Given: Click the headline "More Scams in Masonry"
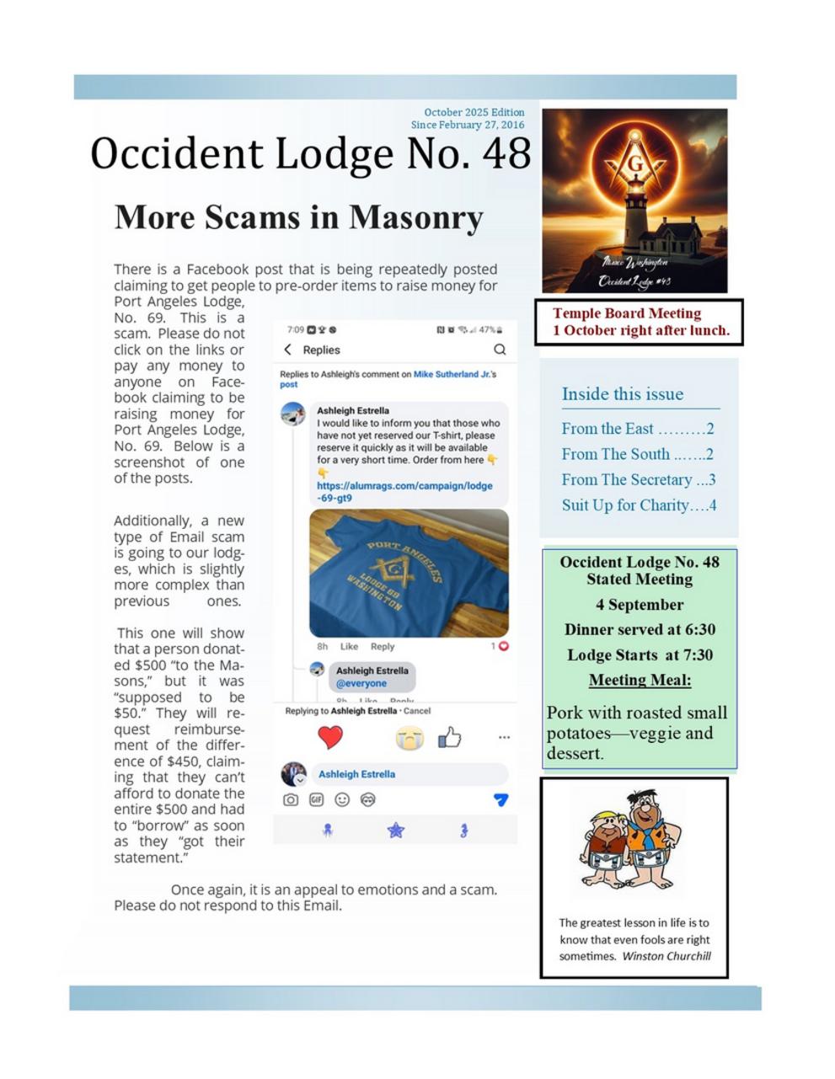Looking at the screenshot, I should coord(298,217).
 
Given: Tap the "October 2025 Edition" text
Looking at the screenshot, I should coord(474,112).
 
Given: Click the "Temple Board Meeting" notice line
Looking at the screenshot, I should coord(626,313).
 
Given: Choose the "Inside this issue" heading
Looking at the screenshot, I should coord(622,394).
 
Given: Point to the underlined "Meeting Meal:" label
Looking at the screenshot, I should coord(640,680).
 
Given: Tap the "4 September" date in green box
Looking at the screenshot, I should coord(640,605).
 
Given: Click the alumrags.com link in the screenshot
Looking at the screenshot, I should coord(404,492).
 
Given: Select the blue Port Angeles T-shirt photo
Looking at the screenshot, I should coord(409,573).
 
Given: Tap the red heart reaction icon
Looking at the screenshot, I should coord(330,737).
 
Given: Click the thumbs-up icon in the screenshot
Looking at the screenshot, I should coord(450,738).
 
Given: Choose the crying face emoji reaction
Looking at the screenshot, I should coord(409,738).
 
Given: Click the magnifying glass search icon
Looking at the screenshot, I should coord(500,350).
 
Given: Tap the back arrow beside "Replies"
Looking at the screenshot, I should coord(287,350).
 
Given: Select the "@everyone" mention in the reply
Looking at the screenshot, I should coord(361,684).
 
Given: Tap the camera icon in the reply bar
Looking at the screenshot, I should coord(290,799).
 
